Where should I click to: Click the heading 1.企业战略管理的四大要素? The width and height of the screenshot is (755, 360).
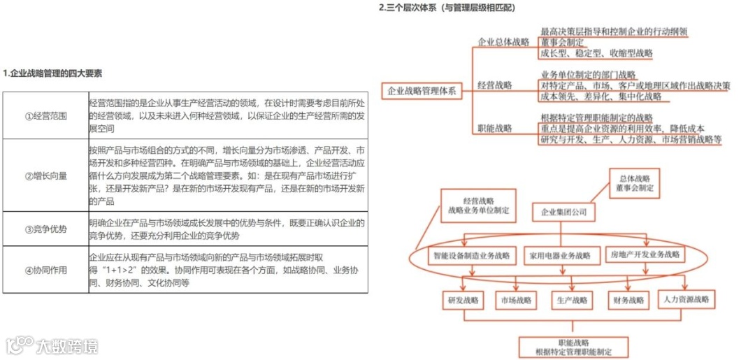tap(52, 73)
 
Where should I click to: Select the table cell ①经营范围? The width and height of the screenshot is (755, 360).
tap(45, 115)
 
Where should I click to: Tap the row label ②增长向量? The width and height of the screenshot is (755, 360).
tap(45, 175)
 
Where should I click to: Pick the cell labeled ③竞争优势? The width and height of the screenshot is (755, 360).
tap(45, 229)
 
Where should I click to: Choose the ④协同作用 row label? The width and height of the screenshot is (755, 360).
tap(45, 269)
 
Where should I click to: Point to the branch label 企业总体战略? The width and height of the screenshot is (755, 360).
tap(503, 43)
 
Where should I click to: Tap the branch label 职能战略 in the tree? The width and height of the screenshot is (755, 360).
tap(495, 129)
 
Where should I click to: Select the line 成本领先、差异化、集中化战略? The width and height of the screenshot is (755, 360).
tap(601, 96)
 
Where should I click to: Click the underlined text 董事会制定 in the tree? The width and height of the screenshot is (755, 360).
tap(562, 42)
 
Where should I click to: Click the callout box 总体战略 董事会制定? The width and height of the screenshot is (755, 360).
tap(634, 183)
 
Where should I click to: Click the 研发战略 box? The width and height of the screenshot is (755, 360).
tap(463, 300)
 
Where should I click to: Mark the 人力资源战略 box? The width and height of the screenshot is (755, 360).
tap(686, 299)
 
